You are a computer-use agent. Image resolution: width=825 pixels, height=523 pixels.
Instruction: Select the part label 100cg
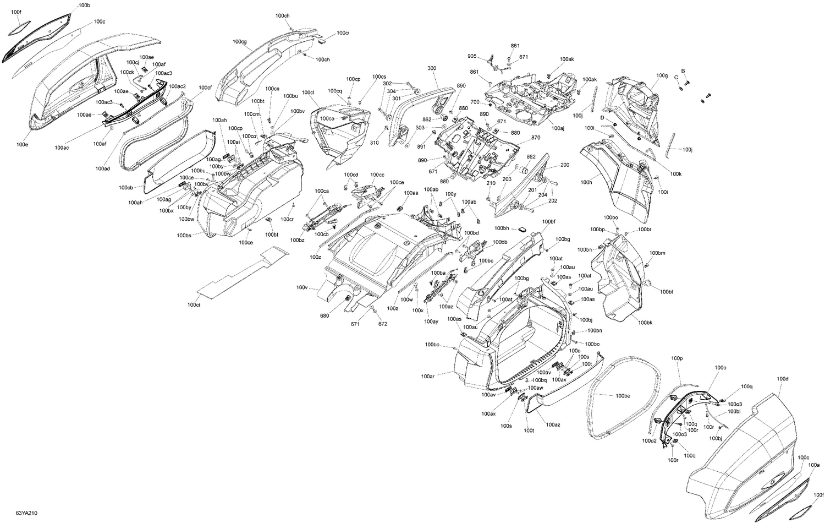(x=239, y=42)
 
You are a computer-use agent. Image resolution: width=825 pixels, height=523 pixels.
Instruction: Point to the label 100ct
(x=194, y=304)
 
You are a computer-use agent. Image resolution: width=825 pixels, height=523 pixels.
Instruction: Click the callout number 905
(x=472, y=56)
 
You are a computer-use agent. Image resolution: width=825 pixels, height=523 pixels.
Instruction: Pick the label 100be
(x=623, y=396)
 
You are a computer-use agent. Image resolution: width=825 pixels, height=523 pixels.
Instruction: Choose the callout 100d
(x=783, y=379)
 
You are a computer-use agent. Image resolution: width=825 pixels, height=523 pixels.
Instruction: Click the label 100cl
(x=308, y=92)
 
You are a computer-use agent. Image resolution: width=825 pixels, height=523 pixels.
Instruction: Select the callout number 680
(x=324, y=315)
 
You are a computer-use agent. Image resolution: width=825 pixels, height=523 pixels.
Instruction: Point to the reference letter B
(x=683, y=71)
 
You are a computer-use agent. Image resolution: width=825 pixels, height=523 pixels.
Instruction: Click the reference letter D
(x=602, y=118)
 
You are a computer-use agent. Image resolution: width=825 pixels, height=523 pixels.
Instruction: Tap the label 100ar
(x=428, y=377)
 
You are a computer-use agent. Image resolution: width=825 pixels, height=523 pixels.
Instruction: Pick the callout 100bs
(x=184, y=236)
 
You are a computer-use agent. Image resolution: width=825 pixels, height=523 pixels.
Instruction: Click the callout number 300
(x=432, y=68)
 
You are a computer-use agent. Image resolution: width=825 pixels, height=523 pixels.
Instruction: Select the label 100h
(x=586, y=182)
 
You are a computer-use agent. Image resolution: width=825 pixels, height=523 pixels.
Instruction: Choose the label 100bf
(x=548, y=222)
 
